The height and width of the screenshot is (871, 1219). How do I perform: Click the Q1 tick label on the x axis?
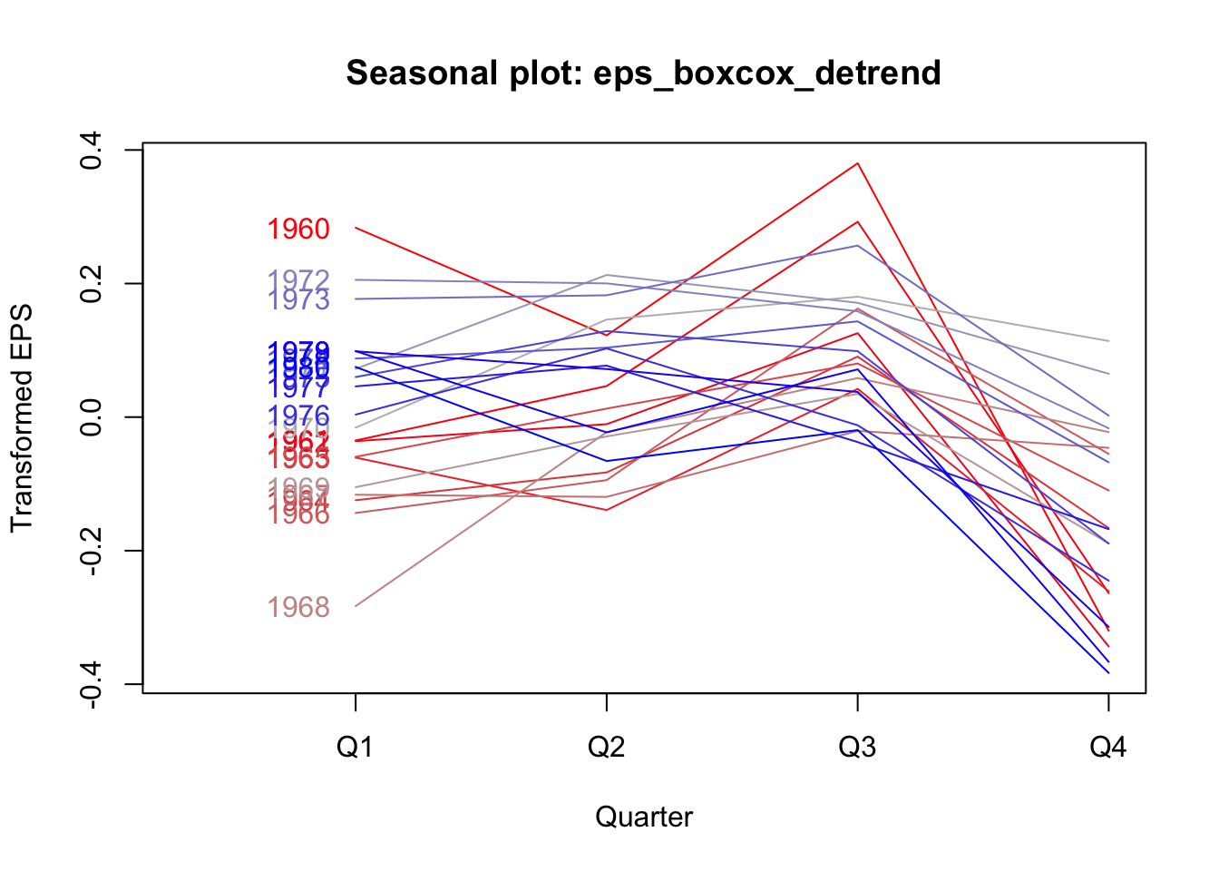point(355,747)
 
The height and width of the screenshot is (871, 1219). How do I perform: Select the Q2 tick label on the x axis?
point(606,747)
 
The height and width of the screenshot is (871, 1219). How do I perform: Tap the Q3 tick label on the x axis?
point(857,747)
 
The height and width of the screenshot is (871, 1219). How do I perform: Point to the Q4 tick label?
point(1107,747)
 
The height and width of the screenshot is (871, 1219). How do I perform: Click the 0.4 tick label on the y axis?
point(92,150)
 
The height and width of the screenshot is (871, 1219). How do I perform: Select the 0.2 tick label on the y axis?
point(92,283)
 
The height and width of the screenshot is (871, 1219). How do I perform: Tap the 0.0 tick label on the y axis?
point(92,417)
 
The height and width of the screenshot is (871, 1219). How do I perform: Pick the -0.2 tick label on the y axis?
point(92,551)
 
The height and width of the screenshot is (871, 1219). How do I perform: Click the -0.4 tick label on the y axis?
point(92,685)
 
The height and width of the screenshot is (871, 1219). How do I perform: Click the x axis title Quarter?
point(644,817)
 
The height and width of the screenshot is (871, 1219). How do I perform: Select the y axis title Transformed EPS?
point(22,418)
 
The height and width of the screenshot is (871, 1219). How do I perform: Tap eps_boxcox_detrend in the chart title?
point(766,73)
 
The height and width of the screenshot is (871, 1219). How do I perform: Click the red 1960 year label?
point(298,230)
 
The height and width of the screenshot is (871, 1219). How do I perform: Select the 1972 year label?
point(298,280)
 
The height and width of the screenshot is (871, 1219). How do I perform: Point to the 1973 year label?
point(298,300)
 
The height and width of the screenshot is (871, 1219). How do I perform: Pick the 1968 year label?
point(298,608)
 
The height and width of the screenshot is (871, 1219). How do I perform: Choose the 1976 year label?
point(298,416)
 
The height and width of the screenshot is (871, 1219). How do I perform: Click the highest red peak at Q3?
point(857,163)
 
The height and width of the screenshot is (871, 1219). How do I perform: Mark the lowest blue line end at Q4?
point(1107,672)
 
